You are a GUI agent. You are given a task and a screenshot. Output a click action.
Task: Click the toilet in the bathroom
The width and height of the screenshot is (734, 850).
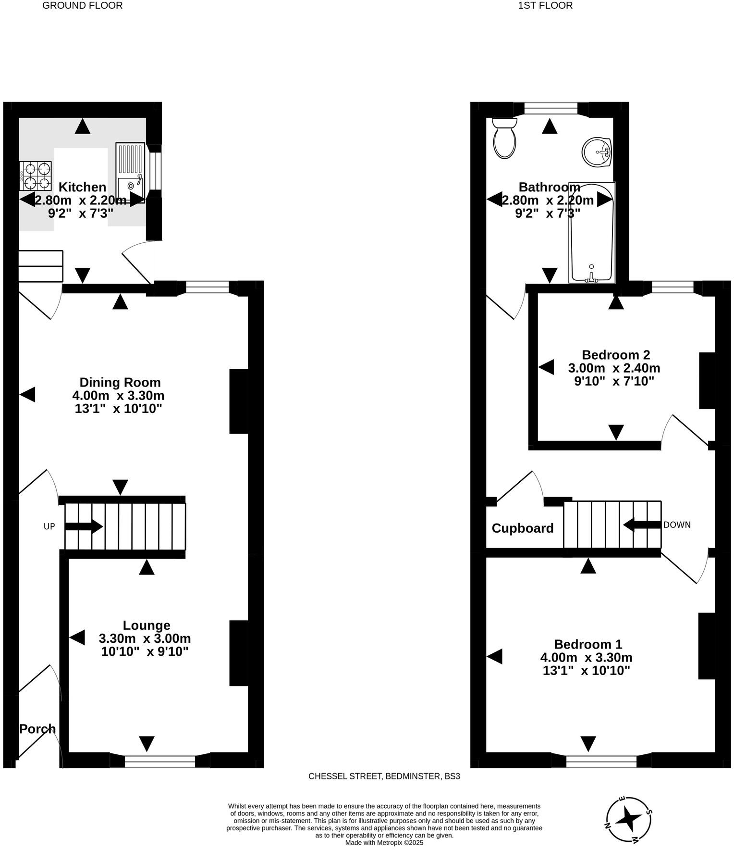pyautogui.click(x=504, y=139)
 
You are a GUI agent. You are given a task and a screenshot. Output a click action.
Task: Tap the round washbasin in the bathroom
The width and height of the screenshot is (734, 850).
pyautogui.click(x=596, y=152)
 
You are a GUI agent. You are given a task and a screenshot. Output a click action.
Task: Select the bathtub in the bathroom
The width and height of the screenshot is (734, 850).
pyautogui.click(x=591, y=232)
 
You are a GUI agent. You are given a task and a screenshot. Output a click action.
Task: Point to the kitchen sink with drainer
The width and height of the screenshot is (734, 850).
pyautogui.click(x=130, y=172)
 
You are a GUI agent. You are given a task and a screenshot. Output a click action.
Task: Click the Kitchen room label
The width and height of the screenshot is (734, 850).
pyautogui.click(x=82, y=187)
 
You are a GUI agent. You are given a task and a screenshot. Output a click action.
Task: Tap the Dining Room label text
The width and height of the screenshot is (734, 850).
pyautogui.click(x=120, y=382)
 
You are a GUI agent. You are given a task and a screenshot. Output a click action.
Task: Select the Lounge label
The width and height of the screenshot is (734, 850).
pyautogui.click(x=147, y=625)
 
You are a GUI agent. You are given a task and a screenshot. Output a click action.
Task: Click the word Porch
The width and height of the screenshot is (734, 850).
pyautogui.click(x=37, y=728)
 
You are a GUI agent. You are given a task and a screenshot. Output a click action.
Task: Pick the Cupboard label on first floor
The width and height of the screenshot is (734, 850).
pyautogui.click(x=523, y=528)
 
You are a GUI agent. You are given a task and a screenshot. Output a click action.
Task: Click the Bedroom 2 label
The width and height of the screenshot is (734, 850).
pyautogui.click(x=615, y=355)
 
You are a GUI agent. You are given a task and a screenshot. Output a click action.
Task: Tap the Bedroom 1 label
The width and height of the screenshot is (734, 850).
pyautogui.click(x=587, y=644)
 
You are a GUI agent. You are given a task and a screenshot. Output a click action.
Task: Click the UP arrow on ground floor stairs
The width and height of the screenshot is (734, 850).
pyautogui.click(x=84, y=526)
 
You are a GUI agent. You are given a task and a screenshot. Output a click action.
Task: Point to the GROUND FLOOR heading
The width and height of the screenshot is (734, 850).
pyautogui.click(x=82, y=6)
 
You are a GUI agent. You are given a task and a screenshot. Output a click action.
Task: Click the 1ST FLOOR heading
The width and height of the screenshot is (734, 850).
pyautogui.click(x=545, y=6)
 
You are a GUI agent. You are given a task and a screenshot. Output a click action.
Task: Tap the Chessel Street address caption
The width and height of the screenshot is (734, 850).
pyautogui.click(x=384, y=776)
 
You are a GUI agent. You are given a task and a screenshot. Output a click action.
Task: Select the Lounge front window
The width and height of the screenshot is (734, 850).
pyautogui.click(x=160, y=761)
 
